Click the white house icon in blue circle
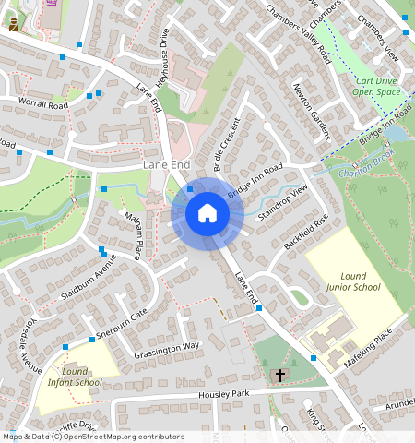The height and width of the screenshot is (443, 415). pos(207,213)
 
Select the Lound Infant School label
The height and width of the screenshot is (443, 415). pos(75,376)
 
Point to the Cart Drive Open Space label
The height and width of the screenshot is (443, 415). pos(377,86)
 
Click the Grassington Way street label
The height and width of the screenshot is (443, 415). pos(166,348)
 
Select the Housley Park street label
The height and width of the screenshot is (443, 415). pos(225,395)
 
